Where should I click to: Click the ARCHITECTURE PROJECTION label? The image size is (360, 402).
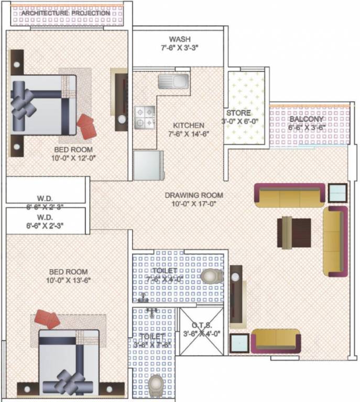tap(77, 13)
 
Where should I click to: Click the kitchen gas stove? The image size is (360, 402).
tap(145, 117)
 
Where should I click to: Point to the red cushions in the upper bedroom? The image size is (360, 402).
tap(86, 125)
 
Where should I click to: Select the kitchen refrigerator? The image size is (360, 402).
tap(148, 165)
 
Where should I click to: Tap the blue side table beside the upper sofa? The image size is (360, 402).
tap(337, 193)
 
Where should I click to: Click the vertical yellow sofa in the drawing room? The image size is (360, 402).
tap(335, 241)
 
